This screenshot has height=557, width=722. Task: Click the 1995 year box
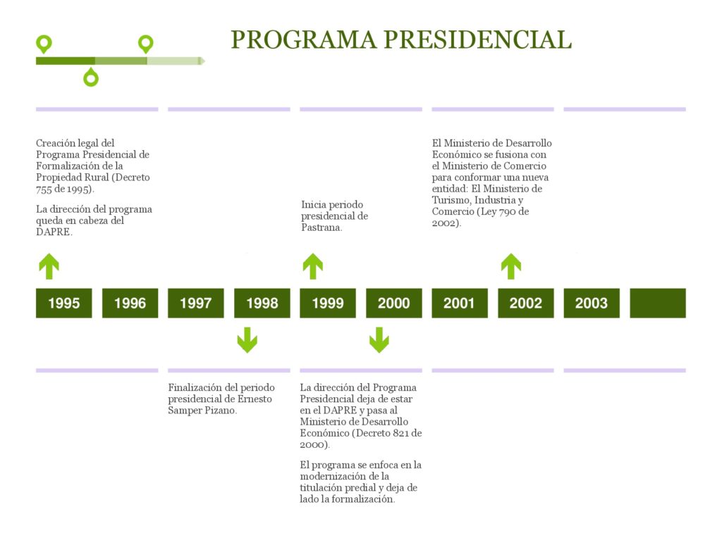[64, 303]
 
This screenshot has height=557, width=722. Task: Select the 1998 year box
[262, 303]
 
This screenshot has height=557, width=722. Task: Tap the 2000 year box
[393, 303]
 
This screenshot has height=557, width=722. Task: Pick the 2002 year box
[526, 303]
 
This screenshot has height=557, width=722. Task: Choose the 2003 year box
[592, 303]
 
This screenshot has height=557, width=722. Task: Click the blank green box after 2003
[658, 303]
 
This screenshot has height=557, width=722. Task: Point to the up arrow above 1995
[49, 266]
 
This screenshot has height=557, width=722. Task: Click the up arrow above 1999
[313, 266]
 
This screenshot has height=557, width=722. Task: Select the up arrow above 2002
[511, 266]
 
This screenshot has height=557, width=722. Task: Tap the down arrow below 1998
[247, 340]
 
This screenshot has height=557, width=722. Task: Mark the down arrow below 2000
[379, 340]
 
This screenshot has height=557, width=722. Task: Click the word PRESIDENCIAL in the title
[477, 39]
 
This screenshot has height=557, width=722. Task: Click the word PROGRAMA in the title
[303, 39]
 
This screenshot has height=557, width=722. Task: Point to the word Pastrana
[322, 227]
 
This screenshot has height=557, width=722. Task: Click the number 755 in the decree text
[44, 189]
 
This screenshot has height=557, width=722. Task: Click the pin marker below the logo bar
[91, 77]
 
